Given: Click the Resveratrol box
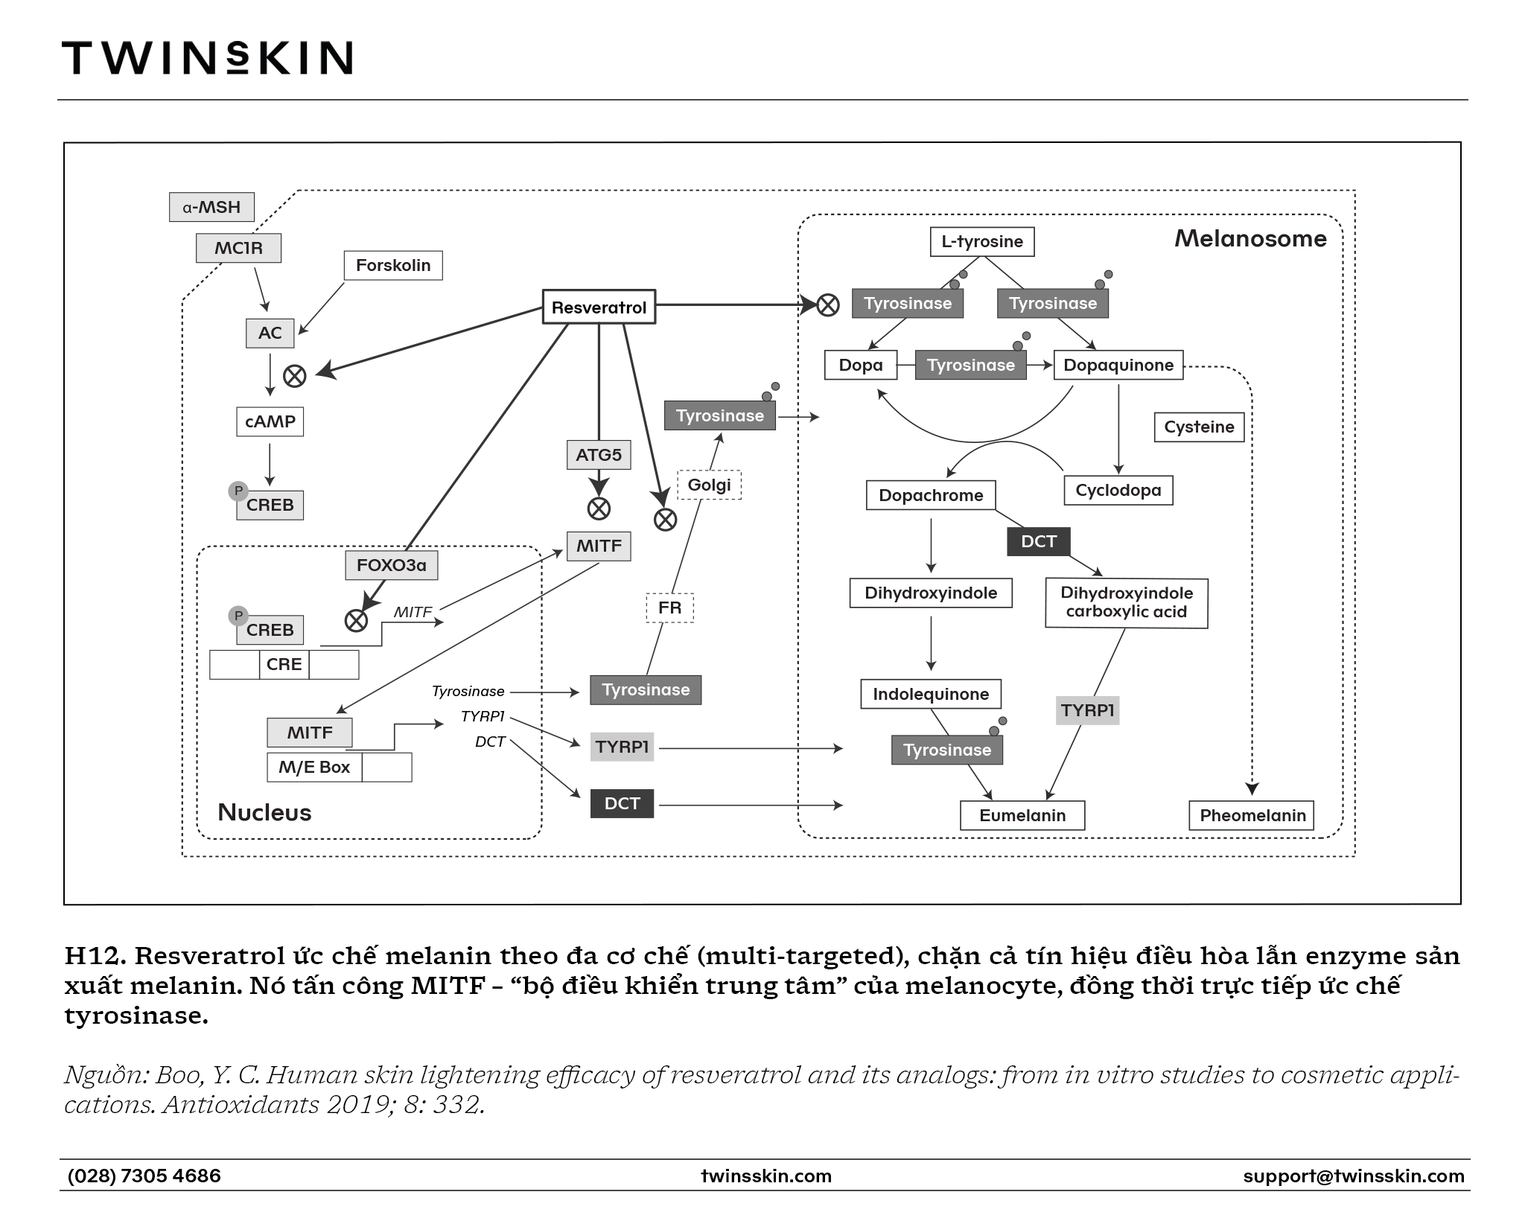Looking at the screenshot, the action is (599, 307).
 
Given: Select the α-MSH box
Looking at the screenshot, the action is (211, 207).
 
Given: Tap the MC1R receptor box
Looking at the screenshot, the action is (238, 248).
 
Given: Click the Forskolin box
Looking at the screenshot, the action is (393, 265).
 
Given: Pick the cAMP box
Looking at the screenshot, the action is (270, 421).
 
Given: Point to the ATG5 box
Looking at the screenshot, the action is (599, 455).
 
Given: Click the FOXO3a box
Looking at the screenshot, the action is (392, 565).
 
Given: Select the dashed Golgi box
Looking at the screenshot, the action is (709, 485).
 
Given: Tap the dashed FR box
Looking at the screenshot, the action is (669, 608).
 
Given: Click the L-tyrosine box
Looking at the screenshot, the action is (982, 241).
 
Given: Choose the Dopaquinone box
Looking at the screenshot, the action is (1118, 365).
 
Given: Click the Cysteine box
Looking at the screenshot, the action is (1199, 427).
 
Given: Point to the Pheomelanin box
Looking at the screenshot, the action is (1252, 815).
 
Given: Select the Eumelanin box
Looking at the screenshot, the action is (1022, 815).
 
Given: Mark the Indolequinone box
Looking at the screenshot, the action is (931, 694).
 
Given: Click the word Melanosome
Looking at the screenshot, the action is (1250, 238).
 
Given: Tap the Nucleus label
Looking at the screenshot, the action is (264, 812).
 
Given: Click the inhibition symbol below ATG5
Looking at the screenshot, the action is (599, 509).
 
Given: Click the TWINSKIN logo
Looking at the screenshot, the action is (207, 57).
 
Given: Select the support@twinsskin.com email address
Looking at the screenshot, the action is (1353, 1176).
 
